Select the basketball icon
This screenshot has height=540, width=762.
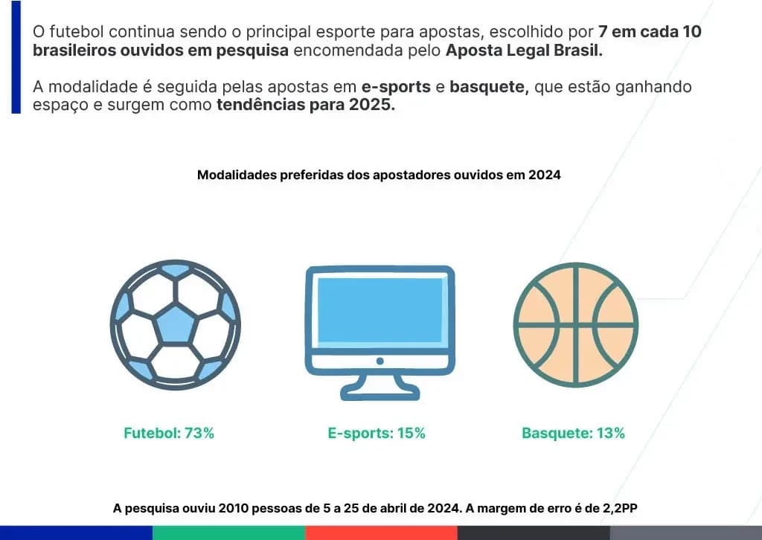(x=575, y=325)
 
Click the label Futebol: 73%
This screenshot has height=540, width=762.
(x=169, y=433)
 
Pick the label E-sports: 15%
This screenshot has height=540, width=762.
(x=377, y=433)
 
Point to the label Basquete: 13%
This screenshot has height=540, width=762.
(x=573, y=433)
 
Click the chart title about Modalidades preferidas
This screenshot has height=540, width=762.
(x=379, y=176)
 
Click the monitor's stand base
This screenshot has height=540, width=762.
(x=380, y=392)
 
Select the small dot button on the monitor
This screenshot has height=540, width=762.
(x=380, y=361)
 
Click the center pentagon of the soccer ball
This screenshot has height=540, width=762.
(x=175, y=324)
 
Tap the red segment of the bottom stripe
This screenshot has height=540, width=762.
(x=381, y=533)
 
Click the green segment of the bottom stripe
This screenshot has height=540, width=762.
(x=228, y=533)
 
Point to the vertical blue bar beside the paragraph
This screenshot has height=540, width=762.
(x=16, y=57)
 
